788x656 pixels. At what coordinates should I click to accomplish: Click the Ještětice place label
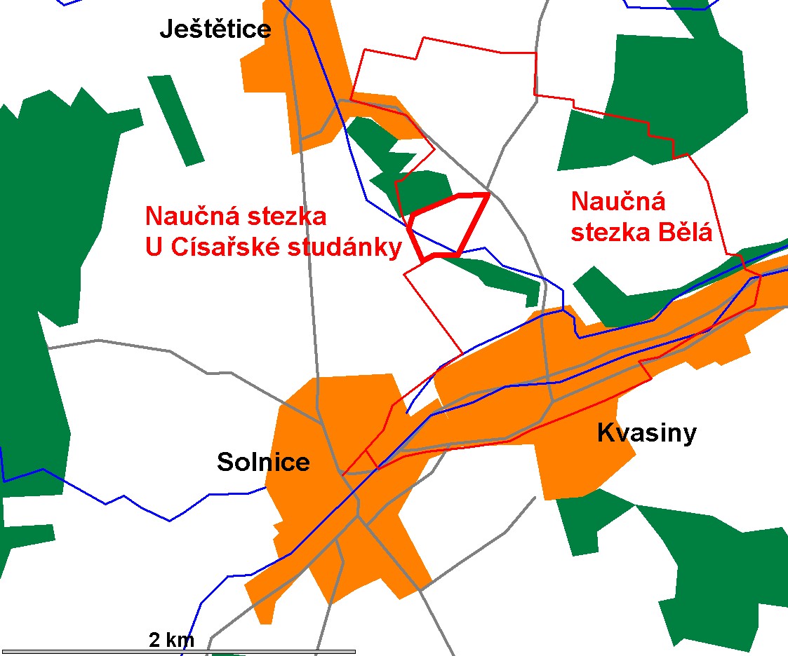tap(215, 29)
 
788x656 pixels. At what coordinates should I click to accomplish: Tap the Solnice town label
tap(263, 463)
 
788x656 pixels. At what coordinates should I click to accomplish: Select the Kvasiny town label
tap(646, 433)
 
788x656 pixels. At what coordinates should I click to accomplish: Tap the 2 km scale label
tap(171, 639)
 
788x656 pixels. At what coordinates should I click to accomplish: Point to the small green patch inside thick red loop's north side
tap(425, 189)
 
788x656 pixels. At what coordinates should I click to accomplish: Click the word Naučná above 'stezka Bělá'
tap(617, 202)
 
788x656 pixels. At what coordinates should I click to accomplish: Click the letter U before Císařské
tap(154, 247)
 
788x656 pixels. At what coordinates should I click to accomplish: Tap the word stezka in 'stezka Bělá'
tap(604, 231)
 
